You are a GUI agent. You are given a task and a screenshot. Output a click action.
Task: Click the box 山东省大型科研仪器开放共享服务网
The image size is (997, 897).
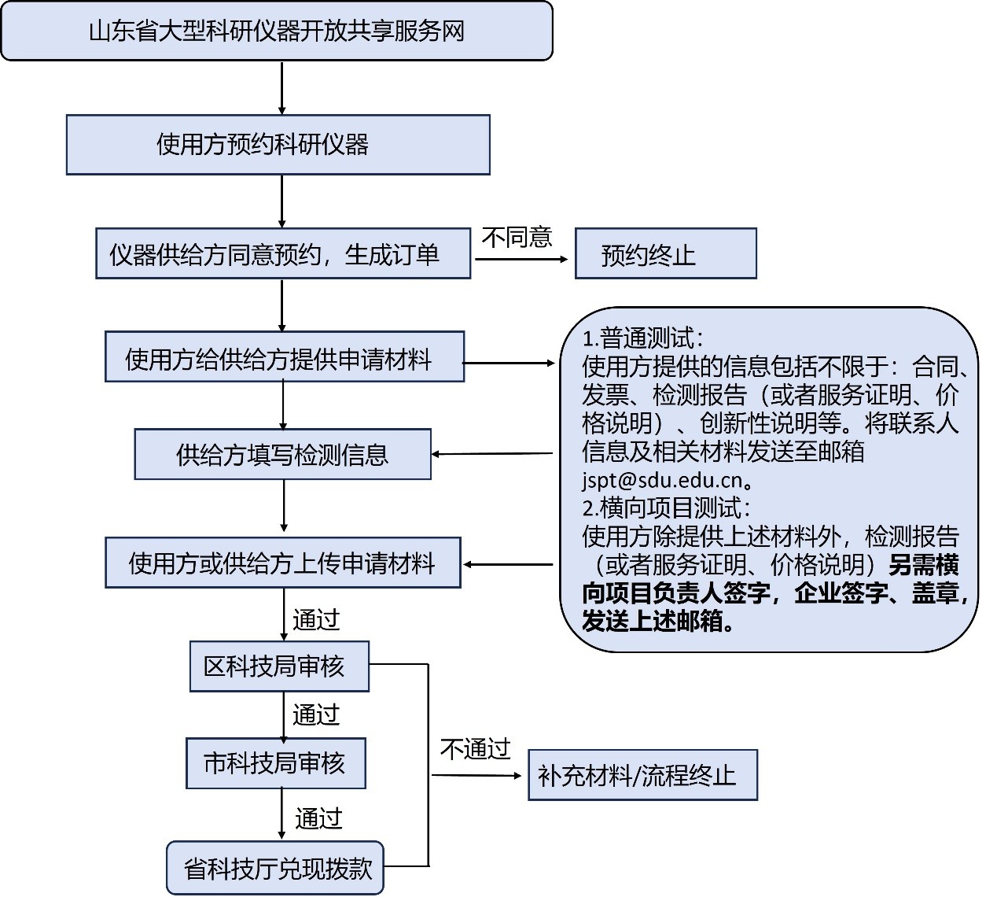(x=277, y=31)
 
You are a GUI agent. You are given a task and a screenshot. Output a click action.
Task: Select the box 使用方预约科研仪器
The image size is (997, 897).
(x=278, y=145)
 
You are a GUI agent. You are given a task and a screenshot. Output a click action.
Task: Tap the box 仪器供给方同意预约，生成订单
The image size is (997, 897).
(x=283, y=253)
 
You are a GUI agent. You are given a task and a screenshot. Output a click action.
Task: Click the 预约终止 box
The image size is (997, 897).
(x=666, y=253)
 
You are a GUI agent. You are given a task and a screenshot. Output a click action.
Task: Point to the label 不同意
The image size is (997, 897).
(x=517, y=238)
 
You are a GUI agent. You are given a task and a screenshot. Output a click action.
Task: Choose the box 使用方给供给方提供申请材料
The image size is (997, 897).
(x=285, y=356)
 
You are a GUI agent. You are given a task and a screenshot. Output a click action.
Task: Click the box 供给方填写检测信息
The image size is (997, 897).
(x=283, y=454)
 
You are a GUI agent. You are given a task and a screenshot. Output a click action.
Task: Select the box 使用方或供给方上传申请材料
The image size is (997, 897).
(x=283, y=563)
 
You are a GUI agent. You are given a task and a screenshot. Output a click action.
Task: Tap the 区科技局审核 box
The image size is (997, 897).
(x=279, y=666)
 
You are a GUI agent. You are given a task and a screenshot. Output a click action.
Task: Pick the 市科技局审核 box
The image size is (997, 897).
(x=276, y=763)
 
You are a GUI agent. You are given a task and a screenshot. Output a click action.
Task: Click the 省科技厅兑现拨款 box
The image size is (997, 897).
(x=275, y=868)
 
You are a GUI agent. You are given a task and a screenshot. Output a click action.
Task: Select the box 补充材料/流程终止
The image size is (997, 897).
(x=643, y=775)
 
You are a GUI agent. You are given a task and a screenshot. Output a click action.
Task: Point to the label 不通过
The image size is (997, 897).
(x=476, y=749)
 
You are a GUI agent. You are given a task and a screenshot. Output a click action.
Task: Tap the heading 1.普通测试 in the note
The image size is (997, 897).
(x=643, y=338)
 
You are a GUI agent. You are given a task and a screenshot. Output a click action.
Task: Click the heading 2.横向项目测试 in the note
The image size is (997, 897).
(x=667, y=508)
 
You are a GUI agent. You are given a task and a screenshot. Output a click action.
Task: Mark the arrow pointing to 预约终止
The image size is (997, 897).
(x=521, y=259)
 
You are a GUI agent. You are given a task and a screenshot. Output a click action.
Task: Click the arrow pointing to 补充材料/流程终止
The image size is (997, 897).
(x=476, y=775)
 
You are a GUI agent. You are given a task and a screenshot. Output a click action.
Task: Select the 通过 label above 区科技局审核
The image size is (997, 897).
(x=316, y=620)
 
